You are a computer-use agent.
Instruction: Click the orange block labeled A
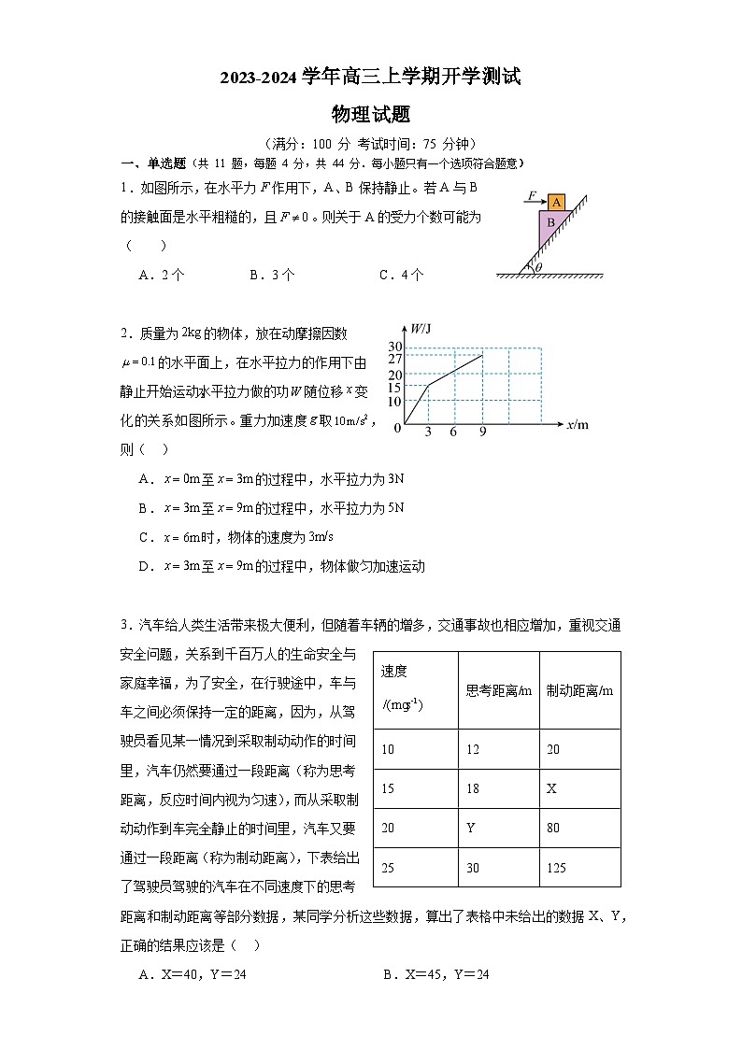point(555,203)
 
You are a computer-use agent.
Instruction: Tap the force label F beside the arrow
point(530,196)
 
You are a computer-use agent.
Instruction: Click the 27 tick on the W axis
point(394,359)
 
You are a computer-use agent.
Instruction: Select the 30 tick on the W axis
point(394,347)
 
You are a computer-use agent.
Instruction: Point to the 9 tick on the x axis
point(482,432)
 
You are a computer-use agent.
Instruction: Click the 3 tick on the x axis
point(428,432)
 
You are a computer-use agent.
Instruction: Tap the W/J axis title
point(421,328)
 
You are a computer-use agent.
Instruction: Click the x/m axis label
point(578,425)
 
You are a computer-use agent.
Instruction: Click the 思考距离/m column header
point(498,690)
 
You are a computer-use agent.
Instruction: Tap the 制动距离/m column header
point(579,690)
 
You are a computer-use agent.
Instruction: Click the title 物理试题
point(371,115)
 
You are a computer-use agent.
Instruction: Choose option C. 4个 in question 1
point(401,275)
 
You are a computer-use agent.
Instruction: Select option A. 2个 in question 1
point(161,275)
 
